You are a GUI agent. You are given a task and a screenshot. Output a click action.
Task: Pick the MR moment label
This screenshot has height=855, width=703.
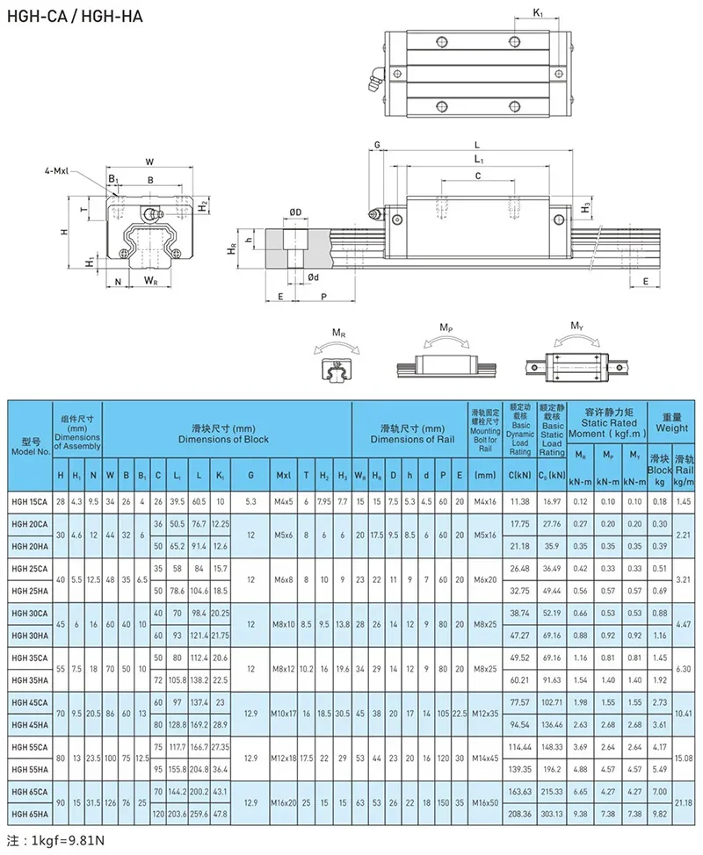338,334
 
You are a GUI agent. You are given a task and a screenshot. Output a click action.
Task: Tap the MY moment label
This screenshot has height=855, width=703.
576,327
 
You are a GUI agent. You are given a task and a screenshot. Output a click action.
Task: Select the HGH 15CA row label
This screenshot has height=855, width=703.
29,500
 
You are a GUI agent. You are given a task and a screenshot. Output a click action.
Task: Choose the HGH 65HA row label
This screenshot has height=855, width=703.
29,815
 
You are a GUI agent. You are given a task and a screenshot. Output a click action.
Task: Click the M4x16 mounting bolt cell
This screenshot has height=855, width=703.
486,500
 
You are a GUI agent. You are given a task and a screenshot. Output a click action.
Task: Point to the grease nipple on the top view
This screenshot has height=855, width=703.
374,81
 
